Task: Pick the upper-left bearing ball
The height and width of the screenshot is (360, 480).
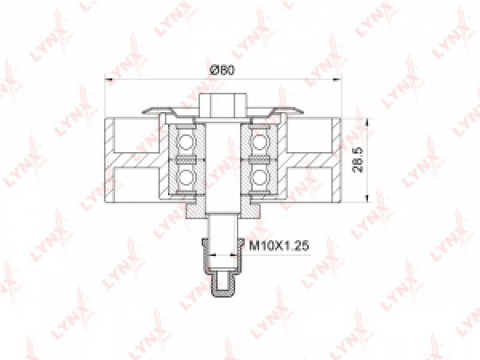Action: (x=186, y=142)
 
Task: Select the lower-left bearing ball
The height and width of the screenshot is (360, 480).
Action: (x=186, y=176)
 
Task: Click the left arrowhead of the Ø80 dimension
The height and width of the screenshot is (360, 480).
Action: (x=110, y=79)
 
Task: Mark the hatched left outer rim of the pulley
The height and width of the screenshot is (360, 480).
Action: (x=110, y=160)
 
